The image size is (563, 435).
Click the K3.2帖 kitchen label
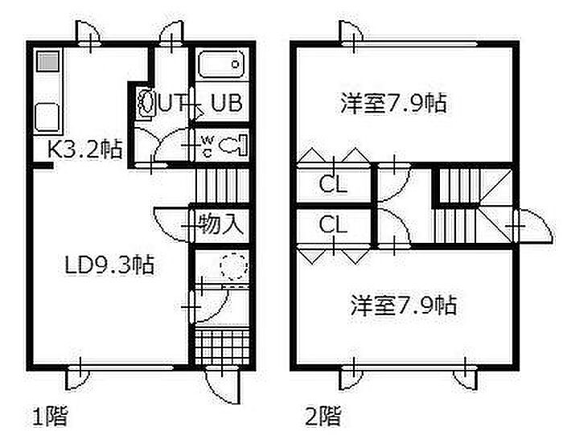pyautogui.click(x=85, y=149)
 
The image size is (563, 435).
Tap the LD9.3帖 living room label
pyautogui.click(x=109, y=265)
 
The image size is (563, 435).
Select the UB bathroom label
pyautogui.click(x=227, y=103)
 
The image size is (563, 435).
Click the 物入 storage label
pyautogui.click(x=220, y=224)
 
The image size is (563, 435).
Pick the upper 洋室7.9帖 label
pyautogui.click(x=393, y=103)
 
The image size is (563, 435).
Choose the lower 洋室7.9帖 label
pyautogui.click(x=404, y=305)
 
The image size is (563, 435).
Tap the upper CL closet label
pyautogui.click(x=333, y=184)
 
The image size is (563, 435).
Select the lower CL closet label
pyautogui.click(x=333, y=224)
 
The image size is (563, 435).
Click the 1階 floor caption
pyautogui.click(x=50, y=417)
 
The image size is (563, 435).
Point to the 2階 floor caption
pyautogui.click(x=323, y=417)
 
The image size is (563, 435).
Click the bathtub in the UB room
pyautogui.click(x=221, y=64)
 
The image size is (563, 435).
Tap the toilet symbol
pyautogui.click(x=232, y=145)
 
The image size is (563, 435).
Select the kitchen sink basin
pyautogui.click(x=47, y=61)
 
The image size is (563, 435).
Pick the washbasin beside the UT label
pyautogui.click(x=146, y=101)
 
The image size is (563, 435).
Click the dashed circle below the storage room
pyautogui.click(x=235, y=266)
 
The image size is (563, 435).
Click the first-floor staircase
pyautogui.click(x=222, y=186)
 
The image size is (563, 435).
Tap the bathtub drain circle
pyautogui.click(x=235, y=64)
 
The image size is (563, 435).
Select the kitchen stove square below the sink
pyautogui.click(x=47, y=117)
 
